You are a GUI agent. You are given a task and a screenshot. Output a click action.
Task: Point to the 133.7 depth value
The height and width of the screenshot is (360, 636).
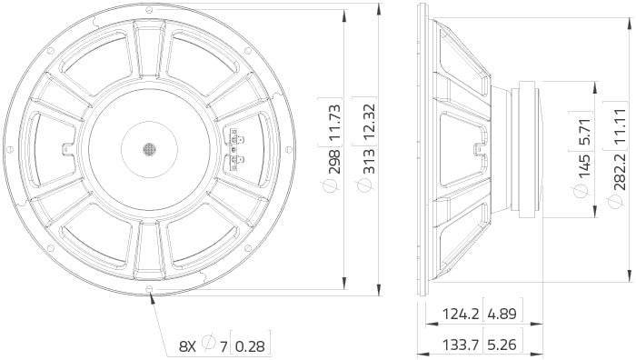(461, 345)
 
